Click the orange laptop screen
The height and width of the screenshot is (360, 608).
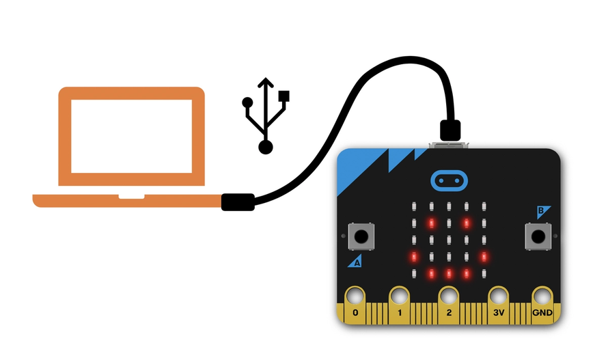tap(131, 136)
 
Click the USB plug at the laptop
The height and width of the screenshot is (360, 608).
tap(238, 202)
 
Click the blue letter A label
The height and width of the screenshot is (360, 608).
tap(355, 261)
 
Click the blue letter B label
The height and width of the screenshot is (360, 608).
tap(542, 212)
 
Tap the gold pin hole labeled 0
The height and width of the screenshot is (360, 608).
tap(355, 296)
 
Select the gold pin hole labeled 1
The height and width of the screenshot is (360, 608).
tap(399, 296)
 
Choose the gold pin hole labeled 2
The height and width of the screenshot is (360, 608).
tap(448, 296)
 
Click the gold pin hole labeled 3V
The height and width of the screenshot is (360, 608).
tap(498, 296)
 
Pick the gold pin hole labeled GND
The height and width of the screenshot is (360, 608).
tap(542, 296)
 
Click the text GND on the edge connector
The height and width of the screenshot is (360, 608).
tap(542, 314)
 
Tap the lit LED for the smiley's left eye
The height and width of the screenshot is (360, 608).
tap(432, 223)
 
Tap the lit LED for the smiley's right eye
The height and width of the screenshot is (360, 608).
tap(467, 223)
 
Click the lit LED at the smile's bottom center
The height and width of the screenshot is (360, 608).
tap(449, 274)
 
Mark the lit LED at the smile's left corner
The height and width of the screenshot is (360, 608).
tap(414, 257)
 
